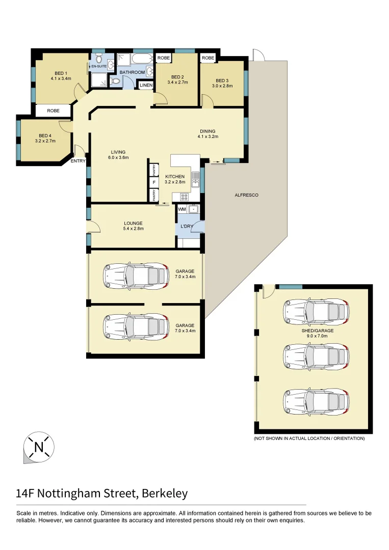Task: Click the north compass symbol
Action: click(39, 448)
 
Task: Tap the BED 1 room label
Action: click(61, 75)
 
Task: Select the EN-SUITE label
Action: click(98, 66)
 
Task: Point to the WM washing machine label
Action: click(181, 209)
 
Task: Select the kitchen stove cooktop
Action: click(184, 196)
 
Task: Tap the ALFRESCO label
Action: click(246, 195)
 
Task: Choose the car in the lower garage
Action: click(136, 326)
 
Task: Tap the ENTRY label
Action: click(78, 161)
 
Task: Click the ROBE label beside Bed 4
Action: click(54, 111)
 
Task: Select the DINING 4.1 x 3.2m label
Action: click(209, 134)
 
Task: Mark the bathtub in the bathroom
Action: click(139, 60)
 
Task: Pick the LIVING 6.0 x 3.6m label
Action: click(118, 155)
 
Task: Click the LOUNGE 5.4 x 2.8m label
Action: click(133, 226)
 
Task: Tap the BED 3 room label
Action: click(222, 83)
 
